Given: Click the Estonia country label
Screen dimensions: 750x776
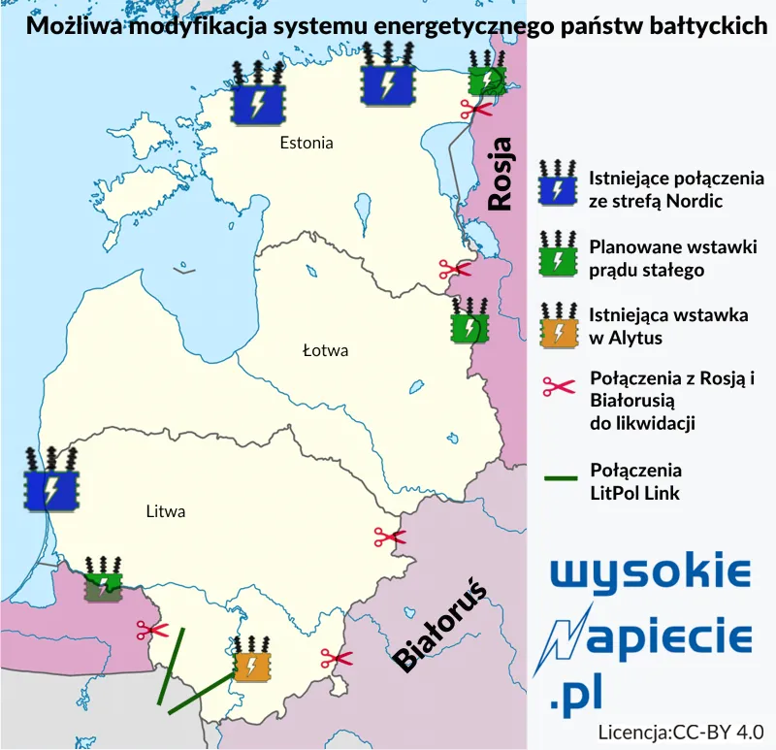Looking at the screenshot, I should (306, 143).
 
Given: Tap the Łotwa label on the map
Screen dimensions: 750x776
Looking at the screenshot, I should (325, 350).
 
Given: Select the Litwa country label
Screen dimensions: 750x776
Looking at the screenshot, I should (165, 511).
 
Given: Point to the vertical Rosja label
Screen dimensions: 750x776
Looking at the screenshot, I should (501, 175).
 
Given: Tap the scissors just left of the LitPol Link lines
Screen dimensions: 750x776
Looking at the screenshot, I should (151, 631).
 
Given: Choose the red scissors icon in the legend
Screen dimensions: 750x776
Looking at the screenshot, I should (559, 386).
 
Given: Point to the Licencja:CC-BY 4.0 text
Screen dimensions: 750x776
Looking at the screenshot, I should (681, 731).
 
